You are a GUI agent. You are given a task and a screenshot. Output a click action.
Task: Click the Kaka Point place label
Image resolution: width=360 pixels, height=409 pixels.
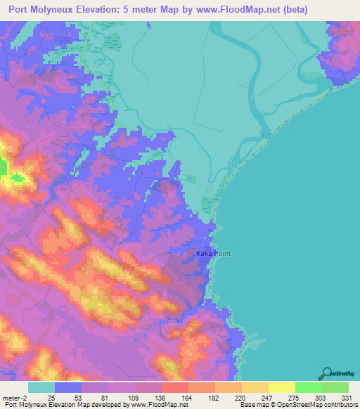[x=214, y=254]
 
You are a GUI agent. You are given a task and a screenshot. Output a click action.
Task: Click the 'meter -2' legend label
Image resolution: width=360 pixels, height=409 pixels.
[x=15, y=397]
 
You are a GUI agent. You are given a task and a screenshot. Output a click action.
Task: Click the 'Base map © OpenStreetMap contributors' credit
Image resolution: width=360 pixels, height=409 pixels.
[x=299, y=405]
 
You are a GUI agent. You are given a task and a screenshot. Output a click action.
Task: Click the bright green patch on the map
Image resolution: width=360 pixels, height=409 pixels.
[x=4, y=167]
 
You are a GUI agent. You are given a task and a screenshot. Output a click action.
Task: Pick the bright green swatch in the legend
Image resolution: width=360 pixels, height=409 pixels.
[x=308, y=387]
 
